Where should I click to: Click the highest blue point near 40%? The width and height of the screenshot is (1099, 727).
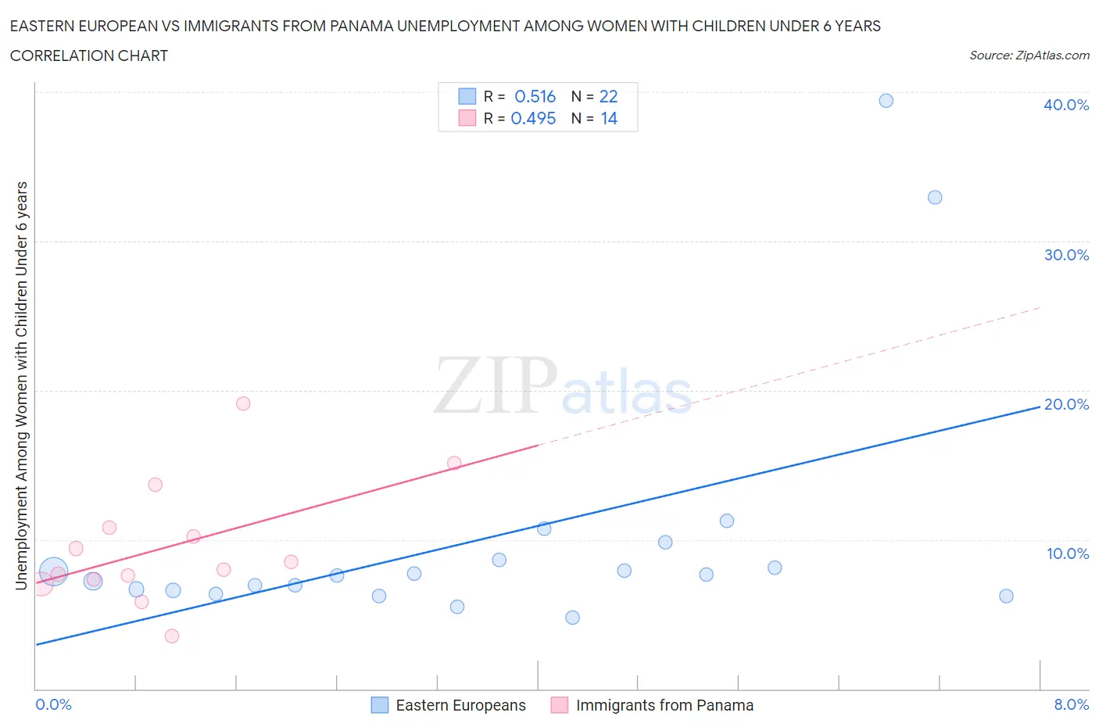point(886,100)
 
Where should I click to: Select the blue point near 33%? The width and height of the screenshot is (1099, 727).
point(935,197)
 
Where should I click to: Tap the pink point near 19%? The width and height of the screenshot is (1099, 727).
point(243,403)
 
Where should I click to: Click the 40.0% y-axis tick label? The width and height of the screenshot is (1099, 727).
point(1065,105)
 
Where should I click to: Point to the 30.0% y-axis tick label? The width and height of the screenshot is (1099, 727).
point(1065,255)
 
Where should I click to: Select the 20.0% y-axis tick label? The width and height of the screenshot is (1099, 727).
point(1065,404)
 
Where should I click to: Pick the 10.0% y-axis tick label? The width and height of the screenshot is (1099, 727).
point(1067,553)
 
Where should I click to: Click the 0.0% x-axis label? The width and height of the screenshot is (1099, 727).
point(53,704)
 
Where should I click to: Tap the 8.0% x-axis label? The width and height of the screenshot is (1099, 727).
point(1071,704)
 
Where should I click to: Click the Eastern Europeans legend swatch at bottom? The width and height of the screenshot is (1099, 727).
point(380,705)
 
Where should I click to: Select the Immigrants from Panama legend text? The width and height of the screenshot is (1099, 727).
point(664,705)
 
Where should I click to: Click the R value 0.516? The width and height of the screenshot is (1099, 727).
point(535,96)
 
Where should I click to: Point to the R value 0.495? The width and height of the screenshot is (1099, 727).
point(533,118)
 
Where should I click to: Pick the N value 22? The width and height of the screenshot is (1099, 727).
point(608,96)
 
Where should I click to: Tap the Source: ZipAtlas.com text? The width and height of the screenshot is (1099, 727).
point(1029,55)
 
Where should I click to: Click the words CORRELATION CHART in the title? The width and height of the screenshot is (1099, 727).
point(89,56)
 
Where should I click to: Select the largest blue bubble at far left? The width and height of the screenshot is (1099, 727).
point(53,572)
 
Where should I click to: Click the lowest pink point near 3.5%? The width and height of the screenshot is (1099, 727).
point(172,636)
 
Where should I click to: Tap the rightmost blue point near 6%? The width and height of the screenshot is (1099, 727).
point(1006,596)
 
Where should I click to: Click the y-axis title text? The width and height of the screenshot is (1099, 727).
point(21,385)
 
